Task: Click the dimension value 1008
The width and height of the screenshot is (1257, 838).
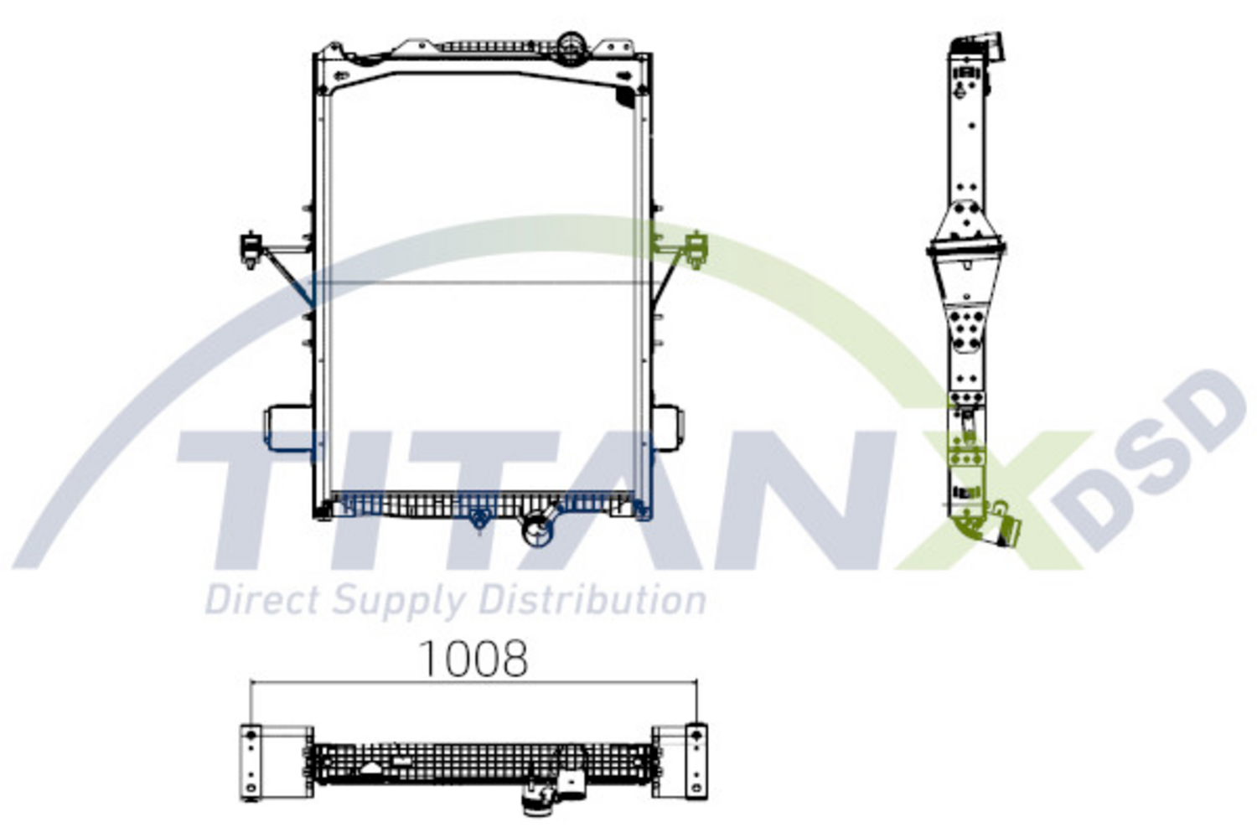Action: pyautogui.click(x=473, y=659)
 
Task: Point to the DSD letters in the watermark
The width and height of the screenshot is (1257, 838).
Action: pyautogui.click(x=1156, y=461)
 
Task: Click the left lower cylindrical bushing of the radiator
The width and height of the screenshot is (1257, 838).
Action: pyautogui.click(x=287, y=427)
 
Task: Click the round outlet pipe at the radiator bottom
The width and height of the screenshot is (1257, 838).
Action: pyautogui.click(x=535, y=530)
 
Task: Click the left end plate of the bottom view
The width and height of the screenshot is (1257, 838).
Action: pyautogui.click(x=251, y=761)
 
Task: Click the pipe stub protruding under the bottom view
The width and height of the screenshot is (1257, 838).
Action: pyautogui.click(x=533, y=803)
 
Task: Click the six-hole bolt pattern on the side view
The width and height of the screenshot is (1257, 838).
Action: pyautogui.click(x=966, y=330)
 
